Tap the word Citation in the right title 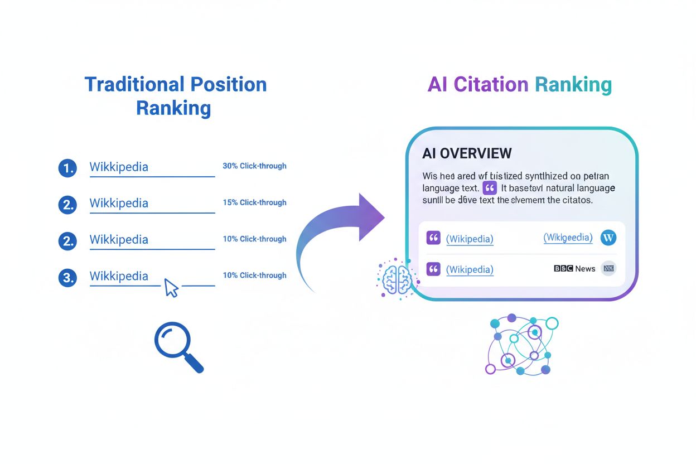point(491,85)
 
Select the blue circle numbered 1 point(67,167)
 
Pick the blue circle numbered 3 point(67,277)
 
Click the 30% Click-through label point(254,166)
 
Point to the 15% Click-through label point(254,202)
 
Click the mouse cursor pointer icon point(171,288)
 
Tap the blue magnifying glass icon point(177,346)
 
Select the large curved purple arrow point(340,234)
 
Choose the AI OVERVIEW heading point(467,153)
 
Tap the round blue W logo point(608,238)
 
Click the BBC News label point(574,269)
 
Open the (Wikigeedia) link point(568,238)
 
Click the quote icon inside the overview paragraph point(489,188)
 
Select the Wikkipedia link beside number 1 point(119,167)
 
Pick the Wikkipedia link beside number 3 point(119,277)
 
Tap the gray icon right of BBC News point(608,269)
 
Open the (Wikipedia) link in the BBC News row point(470,270)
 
